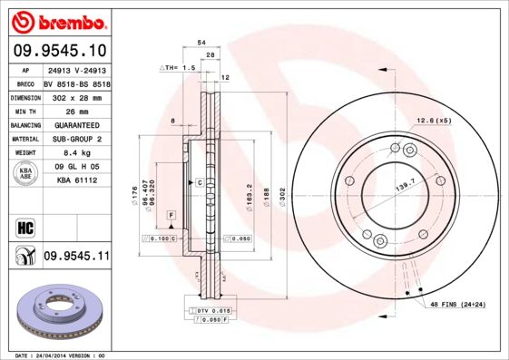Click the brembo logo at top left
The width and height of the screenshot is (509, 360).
pyautogui.click(x=57, y=20)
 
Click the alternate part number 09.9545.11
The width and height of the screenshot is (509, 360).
pyautogui.click(x=76, y=257)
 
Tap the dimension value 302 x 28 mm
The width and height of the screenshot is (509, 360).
pyautogui.click(x=76, y=96)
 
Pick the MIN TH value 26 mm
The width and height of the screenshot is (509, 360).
pyautogui.click(x=76, y=111)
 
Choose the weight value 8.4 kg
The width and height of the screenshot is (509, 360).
pyautogui.click(x=76, y=153)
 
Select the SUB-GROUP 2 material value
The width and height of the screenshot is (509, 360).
pyautogui.click(x=76, y=139)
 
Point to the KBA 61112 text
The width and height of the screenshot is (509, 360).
pyautogui.click(x=76, y=180)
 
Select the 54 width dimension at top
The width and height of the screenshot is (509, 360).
pyautogui.click(x=201, y=43)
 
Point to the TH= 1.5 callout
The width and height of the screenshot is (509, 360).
pyautogui.click(x=178, y=68)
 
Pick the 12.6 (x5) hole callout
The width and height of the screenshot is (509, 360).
pyautogui.click(x=433, y=121)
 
